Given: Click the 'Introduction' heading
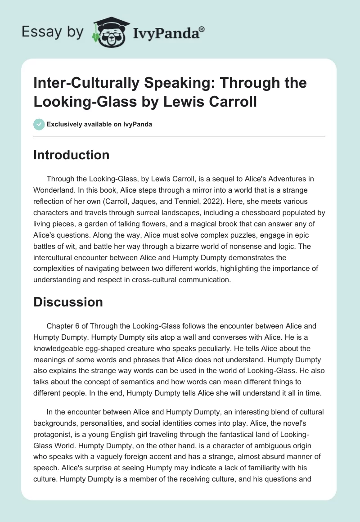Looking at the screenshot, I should click(x=71, y=155).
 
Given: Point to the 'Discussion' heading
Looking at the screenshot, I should click(x=68, y=302).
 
